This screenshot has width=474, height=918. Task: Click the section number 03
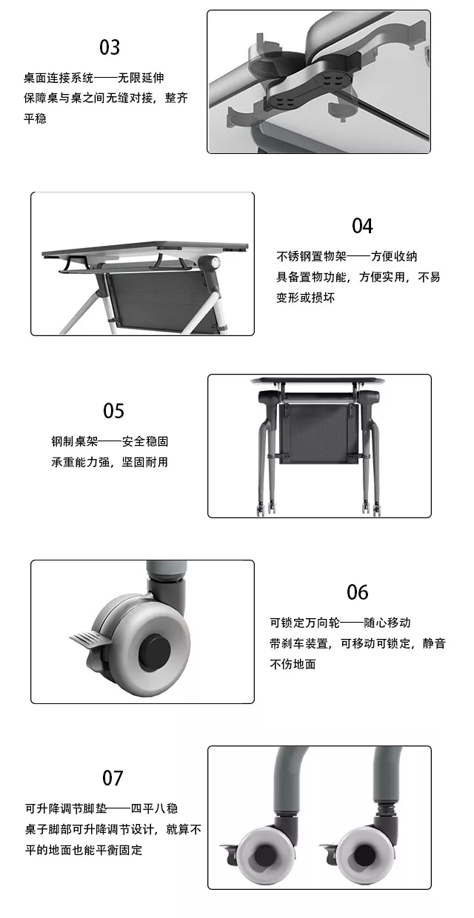pos(110,47)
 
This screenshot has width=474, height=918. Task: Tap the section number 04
pos(362,226)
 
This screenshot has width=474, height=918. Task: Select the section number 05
pos(113,411)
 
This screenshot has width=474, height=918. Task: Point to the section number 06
pos(357,592)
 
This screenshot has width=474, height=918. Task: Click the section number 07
pos(113,778)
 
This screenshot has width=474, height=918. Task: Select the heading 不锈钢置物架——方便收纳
pos(347,257)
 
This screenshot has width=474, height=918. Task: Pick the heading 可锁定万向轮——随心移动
pos(340,623)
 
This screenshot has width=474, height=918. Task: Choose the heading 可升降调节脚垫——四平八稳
pos(101,808)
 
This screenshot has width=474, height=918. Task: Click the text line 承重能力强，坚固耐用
pos(110,462)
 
